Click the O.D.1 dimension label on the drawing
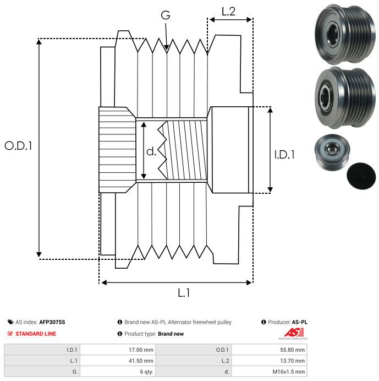(x=19, y=146)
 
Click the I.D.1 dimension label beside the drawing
(x=284, y=155)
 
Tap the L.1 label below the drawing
(x=184, y=293)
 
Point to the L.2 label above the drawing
(x=228, y=12)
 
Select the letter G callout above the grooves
(x=166, y=15)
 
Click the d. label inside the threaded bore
(x=151, y=151)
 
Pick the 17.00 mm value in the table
(x=141, y=350)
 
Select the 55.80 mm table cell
(x=292, y=350)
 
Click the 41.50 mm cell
(x=141, y=361)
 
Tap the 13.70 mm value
(x=292, y=361)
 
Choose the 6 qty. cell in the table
(x=147, y=372)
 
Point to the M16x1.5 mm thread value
(x=289, y=372)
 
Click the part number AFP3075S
(x=52, y=322)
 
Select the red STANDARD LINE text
(x=36, y=334)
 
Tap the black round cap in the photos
(x=361, y=176)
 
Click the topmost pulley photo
(x=345, y=34)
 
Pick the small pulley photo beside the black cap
(x=332, y=153)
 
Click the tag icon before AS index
(x=10, y=322)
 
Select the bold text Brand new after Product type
(x=171, y=334)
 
